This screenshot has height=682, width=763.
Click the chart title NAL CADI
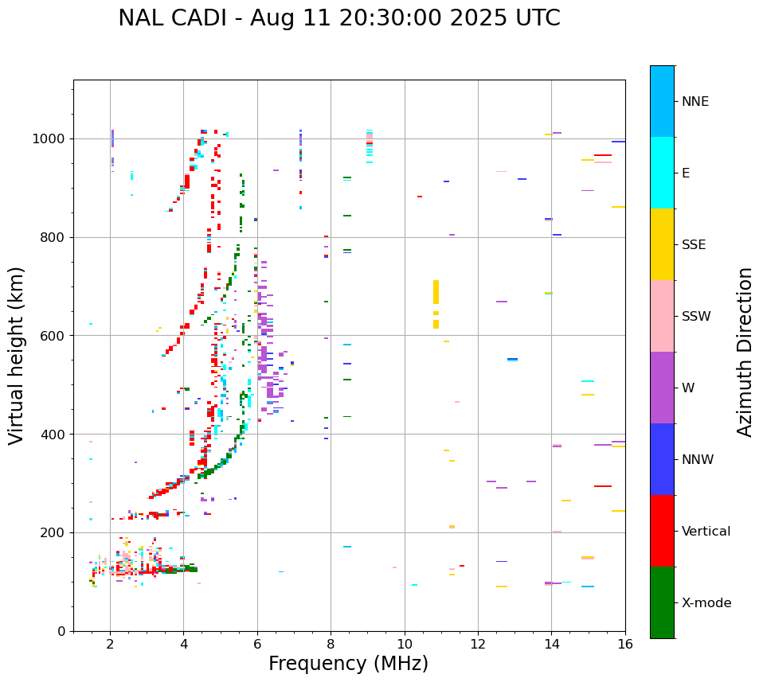coord(338,18)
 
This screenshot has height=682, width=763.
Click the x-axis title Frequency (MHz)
coord(348,664)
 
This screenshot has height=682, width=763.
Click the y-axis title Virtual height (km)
coord(17,355)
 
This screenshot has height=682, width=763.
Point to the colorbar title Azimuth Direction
coord(745,352)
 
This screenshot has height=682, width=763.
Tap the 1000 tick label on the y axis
coord(49,138)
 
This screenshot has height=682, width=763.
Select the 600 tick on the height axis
coord(53,336)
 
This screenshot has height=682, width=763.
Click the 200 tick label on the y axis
coord(53,532)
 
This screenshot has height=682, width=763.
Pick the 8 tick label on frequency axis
coord(331,644)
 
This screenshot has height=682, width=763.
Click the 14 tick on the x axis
coord(551,644)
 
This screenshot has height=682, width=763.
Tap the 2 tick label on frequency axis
coord(110,644)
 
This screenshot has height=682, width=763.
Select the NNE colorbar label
coord(695,102)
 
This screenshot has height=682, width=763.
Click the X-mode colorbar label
coord(706,603)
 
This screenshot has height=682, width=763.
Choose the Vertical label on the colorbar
coord(706,532)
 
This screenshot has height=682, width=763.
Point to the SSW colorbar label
coord(696,317)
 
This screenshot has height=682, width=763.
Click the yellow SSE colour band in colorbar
coord(662,244)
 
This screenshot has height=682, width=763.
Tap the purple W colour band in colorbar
coord(662,388)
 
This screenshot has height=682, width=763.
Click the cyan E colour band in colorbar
coord(662,173)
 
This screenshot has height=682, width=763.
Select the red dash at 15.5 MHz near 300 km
coord(603,486)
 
